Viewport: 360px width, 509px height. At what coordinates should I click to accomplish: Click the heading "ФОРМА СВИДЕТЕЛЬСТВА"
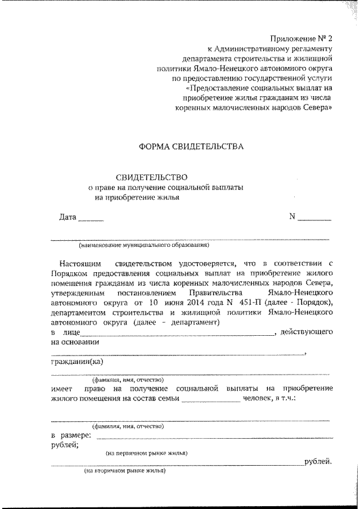click(191, 147)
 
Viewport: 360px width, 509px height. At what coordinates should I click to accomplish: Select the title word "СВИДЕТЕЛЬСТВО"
click(151, 178)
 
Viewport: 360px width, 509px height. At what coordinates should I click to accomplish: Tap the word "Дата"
click(67, 217)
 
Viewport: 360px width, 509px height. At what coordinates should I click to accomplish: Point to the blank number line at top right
click(314, 219)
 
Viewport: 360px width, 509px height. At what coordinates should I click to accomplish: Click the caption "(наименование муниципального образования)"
click(145, 245)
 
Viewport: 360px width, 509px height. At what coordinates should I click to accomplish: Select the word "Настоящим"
click(80, 263)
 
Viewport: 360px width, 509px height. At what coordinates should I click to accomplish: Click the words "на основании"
click(75, 343)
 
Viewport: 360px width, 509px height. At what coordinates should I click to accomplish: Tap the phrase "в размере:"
click(70, 436)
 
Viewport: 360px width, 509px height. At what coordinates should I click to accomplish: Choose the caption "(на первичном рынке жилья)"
click(147, 453)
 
